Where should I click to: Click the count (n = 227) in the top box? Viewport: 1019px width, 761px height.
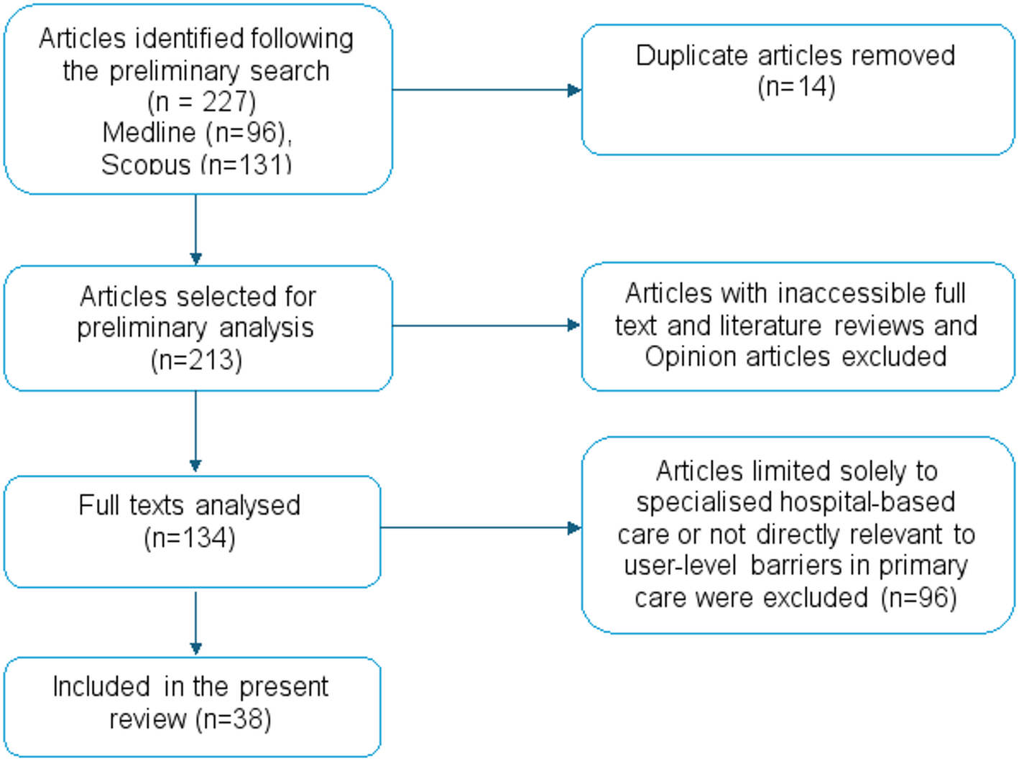coord(201,102)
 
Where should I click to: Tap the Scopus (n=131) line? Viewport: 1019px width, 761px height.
coord(196,165)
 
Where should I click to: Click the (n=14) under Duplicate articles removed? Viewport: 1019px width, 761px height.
coord(796,87)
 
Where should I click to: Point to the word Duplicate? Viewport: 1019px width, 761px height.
coord(691,55)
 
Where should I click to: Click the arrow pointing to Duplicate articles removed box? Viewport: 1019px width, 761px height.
coord(573,90)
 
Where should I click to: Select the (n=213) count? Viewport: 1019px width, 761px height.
coord(196,359)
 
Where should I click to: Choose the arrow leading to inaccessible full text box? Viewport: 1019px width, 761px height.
coord(573,326)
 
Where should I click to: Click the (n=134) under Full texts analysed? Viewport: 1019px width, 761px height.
coord(190,538)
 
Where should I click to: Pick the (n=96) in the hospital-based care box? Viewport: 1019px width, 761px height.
coord(919,598)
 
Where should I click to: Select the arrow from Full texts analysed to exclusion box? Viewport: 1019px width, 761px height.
coord(573,528)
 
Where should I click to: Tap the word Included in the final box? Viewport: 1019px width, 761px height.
coord(101,687)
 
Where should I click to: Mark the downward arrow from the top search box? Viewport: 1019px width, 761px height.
coord(195,257)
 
